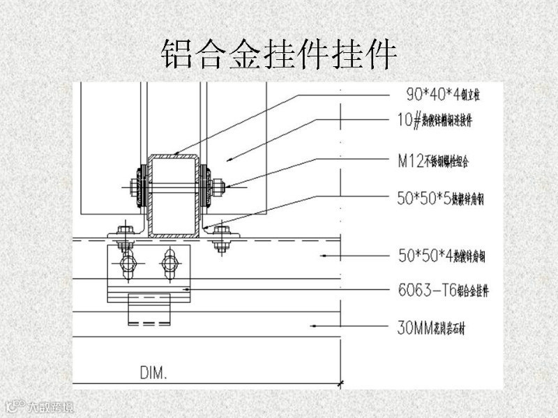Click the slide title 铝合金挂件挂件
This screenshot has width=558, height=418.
pyautogui.click(x=279, y=54)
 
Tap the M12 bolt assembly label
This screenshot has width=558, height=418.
pyautogui.click(x=437, y=162)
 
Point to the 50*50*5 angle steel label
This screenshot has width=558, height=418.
pyautogui.click(x=439, y=199)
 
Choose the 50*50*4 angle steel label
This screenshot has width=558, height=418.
pyautogui.click(x=440, y=256)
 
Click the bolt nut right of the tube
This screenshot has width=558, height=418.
pyautogui.click(x=217, y=186)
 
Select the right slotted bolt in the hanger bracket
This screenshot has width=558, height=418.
pyautogui.click(x=170, y=264)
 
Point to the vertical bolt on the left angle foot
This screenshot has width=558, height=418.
pyautogui.click(x=126, y=236)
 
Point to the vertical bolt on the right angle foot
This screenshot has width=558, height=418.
pyautogui.click(x=221, y=236)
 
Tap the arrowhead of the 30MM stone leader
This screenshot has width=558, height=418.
pyautogui.click(x=315, y=325)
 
